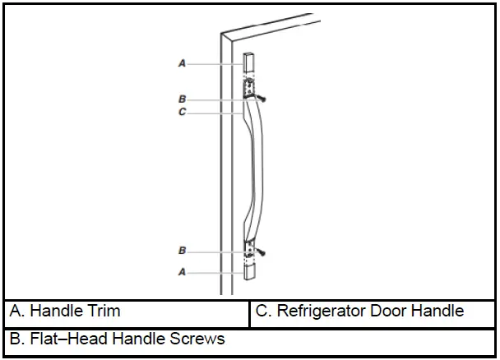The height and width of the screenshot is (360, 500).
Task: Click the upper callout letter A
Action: (x=182, y=62)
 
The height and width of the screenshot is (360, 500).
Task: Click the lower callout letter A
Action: (x=182, y=270)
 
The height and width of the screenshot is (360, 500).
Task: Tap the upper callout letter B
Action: (x=182, y=99)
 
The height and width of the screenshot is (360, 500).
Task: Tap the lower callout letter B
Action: (x=182, y=250)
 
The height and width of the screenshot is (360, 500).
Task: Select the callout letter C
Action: (x=182, y=112)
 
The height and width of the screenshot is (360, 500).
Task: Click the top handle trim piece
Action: (x=249, y=63)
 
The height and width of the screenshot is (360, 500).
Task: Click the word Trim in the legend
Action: (x=104, y=311)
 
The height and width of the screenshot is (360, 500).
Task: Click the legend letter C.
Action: (x=262, y=311)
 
